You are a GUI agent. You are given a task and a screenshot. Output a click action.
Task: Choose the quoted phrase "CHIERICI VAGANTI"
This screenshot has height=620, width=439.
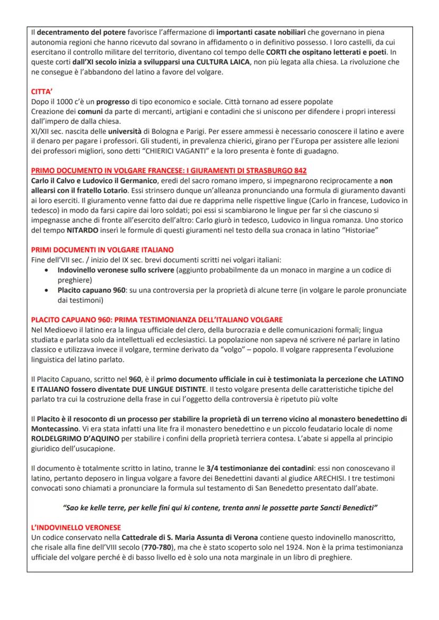[200, 151]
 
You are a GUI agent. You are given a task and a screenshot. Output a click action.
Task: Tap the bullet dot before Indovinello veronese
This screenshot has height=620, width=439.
[49, 270]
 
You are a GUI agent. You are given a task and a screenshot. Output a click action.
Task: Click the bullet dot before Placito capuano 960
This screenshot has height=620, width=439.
[49, 290]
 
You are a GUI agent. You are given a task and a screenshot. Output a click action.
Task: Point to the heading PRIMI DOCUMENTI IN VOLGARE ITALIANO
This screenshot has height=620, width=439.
[102, 250]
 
